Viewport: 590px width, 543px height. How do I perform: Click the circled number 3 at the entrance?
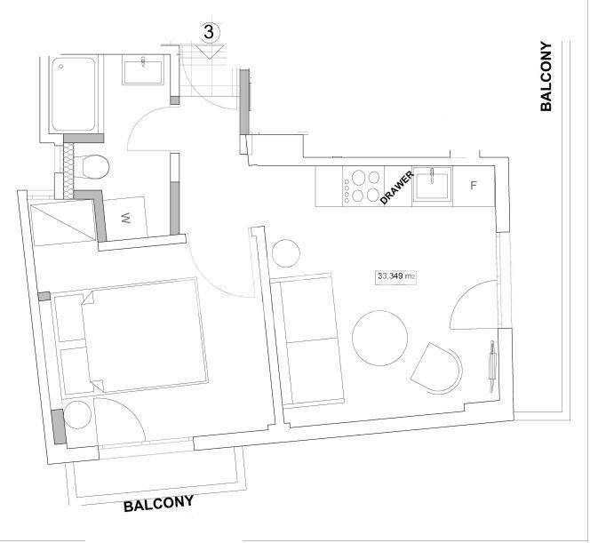click(211, 31)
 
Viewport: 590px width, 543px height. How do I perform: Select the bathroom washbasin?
click(142, 70)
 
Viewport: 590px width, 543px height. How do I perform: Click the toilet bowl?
click(94, 167)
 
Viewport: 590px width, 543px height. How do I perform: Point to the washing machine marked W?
click(125, 216)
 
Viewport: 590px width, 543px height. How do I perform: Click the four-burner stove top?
click(362, 186)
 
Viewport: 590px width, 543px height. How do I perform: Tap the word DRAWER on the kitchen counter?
click(397, 188)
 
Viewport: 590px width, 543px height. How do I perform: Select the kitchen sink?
click(433, 186)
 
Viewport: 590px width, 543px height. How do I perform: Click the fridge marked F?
click(474, 186)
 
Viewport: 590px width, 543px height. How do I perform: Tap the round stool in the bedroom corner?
click(77, 416)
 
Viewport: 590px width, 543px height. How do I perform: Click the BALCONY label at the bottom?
click(158, 505)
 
